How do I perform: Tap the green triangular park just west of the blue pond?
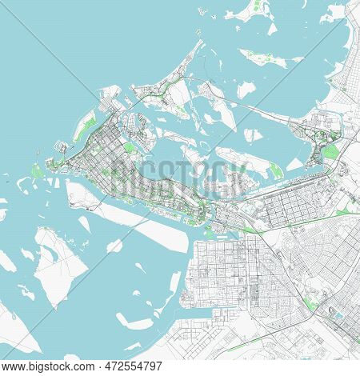(310, 303)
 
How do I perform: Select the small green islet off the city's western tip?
(37, 149)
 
